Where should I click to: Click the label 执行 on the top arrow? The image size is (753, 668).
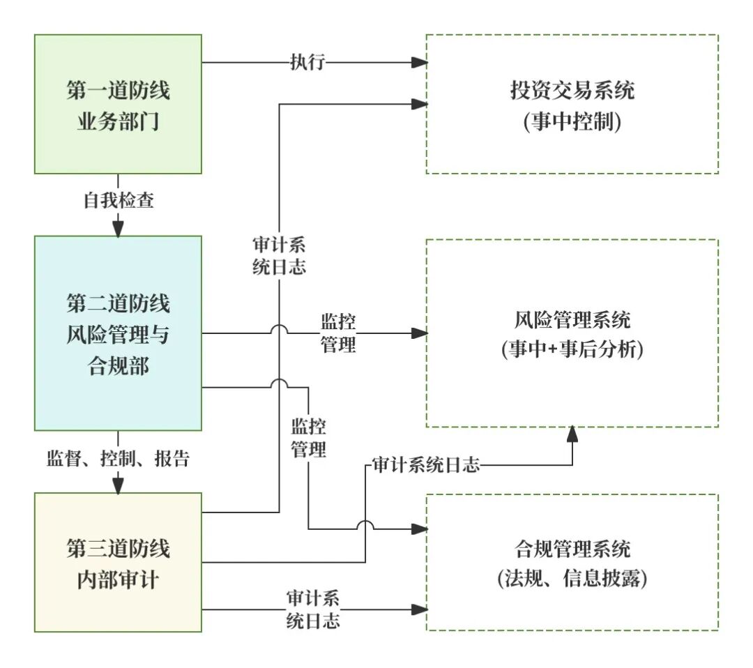307,62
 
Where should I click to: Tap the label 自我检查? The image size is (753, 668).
119,201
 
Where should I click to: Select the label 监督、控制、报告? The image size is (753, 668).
118,458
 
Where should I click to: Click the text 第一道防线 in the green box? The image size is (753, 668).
118,91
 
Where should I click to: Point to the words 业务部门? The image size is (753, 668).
118,123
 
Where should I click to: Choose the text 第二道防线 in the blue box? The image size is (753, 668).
118,303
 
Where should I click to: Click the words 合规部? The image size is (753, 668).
118,365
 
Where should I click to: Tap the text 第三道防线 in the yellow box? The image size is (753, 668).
118,547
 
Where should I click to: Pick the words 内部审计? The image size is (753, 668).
118,579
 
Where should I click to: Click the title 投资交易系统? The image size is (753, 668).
572,91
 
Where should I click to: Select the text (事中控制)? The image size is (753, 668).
572,123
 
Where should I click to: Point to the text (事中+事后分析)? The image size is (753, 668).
572,351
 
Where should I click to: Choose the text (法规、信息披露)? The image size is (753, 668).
572,579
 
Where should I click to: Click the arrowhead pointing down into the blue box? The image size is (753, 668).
118,229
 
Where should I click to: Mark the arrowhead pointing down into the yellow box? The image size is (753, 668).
118,486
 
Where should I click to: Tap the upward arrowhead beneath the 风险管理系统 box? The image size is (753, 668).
572,434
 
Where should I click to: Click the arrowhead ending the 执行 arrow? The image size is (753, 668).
418,62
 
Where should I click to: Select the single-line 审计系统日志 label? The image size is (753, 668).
426,465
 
